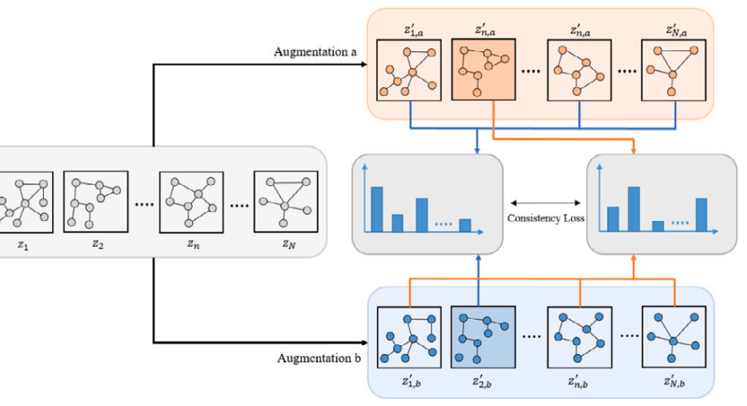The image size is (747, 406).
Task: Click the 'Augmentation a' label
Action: tap(315, 52)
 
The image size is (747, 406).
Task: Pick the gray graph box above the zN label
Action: tap(283, 201)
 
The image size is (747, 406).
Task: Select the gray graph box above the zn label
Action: tap(191, 201)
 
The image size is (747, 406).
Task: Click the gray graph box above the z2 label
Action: tap(96, 201)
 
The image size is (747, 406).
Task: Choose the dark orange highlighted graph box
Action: tap(483, 70)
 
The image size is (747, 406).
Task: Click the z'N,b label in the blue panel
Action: tap(675, 380)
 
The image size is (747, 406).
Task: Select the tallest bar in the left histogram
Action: tap(376, 209)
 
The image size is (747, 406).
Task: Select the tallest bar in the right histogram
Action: tap(634, 208)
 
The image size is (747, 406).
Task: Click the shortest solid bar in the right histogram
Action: tap(657, 225)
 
